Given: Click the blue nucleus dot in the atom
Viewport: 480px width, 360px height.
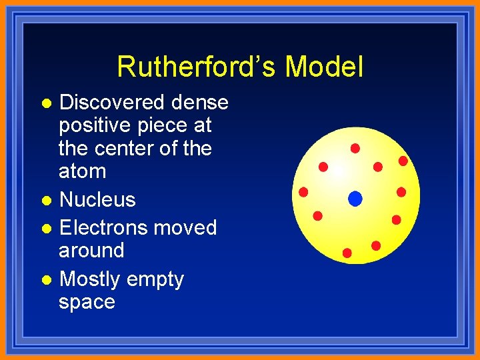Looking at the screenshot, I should [355, 198].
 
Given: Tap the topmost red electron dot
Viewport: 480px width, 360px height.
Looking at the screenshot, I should [355, 147].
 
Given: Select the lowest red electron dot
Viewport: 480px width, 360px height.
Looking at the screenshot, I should [347, 253].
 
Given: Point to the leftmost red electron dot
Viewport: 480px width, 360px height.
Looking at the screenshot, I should [303, 193].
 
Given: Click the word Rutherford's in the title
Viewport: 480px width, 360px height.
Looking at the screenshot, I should [197, 67].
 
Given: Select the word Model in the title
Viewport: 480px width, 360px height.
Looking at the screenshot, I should [325, 67].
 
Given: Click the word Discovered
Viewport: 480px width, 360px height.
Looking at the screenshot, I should [112, 103].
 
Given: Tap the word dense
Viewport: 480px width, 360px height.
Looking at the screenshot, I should [199, 103].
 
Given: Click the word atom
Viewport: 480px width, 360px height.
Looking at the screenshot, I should [82, 171].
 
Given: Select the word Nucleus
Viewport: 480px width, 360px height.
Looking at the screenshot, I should [97, 199].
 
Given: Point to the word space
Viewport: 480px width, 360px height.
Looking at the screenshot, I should [87, 303].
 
